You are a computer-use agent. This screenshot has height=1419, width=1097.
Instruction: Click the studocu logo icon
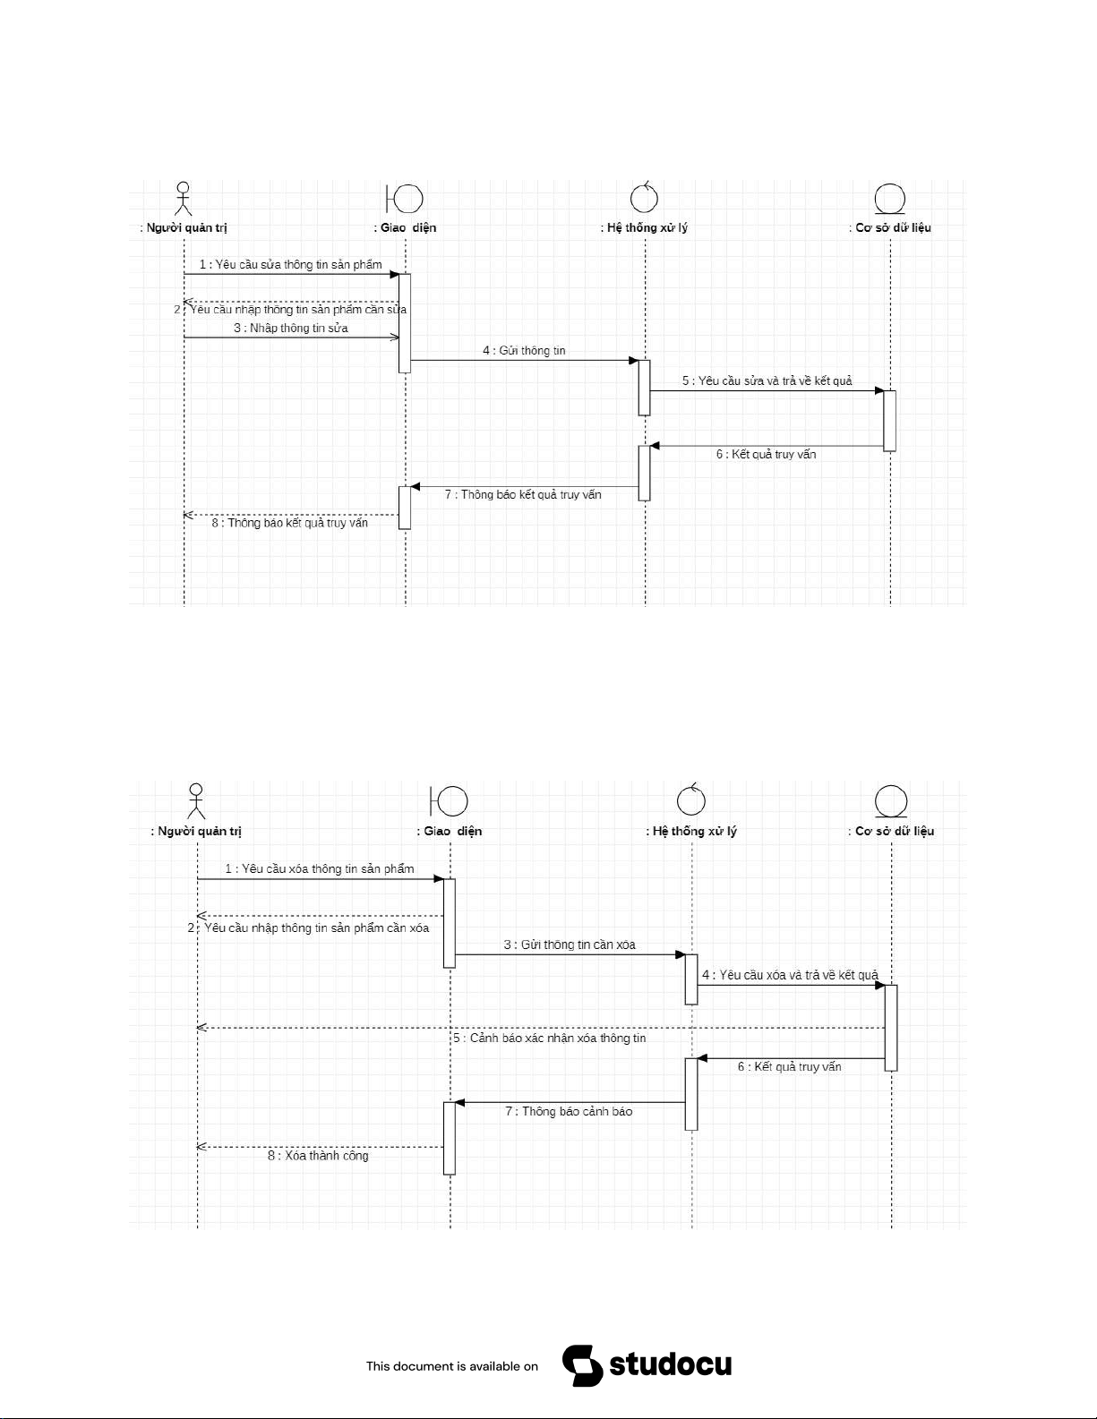(x=582, y=1366)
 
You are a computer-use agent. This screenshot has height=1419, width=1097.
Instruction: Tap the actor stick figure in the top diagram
(x=184, y=199)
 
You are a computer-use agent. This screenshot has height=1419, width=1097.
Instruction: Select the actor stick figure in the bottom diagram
(x=196, y=801)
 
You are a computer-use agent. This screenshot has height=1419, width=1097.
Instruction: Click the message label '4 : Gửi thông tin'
(x=524, y=351)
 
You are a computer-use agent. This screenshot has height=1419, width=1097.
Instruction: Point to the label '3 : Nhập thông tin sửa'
(x=291, y=329)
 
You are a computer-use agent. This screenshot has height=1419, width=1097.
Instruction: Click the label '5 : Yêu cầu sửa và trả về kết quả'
(x=767, y=381)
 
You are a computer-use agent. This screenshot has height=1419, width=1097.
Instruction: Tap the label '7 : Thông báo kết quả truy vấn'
(x=523, y=495)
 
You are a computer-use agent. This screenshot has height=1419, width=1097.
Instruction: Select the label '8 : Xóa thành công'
(x=318, y=1156)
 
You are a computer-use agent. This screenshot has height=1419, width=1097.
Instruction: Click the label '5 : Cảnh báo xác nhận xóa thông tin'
(x=549, y=1039)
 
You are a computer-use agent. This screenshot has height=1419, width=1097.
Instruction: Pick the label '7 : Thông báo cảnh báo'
(x=569, y=1112)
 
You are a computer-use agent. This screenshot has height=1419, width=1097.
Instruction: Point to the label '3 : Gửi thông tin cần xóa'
(x=570, y=945)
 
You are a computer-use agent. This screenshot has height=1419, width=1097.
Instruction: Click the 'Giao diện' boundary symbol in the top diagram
(x=405, y=199)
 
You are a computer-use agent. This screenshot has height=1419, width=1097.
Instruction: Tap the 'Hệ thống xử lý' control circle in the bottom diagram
(x=691, y=799)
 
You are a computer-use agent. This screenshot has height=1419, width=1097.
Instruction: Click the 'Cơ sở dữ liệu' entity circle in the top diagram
(x=890, y=199)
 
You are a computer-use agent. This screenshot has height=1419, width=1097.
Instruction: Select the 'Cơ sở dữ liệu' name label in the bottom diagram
(x=891, y=832)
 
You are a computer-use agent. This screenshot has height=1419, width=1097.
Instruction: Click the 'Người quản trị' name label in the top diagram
(x=184, y=228)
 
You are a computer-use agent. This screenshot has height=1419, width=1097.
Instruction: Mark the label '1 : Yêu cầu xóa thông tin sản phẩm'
(x=320, y=869)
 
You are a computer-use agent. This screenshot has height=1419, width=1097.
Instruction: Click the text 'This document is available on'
(x=452, y=1366)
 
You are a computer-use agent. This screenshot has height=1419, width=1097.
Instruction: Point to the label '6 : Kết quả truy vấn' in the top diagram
(x=766, y=455)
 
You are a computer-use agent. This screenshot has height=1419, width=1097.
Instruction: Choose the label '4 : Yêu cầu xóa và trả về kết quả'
(x=790, y=976)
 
